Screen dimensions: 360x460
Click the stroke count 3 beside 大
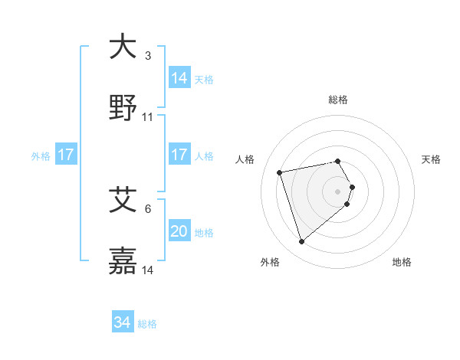pos(148,56)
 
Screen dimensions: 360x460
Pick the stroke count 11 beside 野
pos(148,117)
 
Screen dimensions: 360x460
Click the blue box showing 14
pos(179,77)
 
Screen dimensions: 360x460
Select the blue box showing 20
pos(179,231)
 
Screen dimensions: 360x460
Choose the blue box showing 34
pos(123,322)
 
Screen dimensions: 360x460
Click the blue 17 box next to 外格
pos(66,155)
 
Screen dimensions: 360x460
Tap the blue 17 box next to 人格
pos(179,155)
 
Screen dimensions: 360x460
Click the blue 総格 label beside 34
pos(147,324)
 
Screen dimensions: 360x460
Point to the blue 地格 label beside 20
pos(204,232)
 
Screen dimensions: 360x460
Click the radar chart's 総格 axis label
pos(338,100)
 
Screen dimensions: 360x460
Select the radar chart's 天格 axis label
pos(432,159)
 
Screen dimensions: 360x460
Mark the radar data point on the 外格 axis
pos(301,242)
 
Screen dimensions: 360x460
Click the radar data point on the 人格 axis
pos(280,172)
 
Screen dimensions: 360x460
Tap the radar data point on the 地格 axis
pos(347,204)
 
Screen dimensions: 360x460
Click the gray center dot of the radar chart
pos(338,191)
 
